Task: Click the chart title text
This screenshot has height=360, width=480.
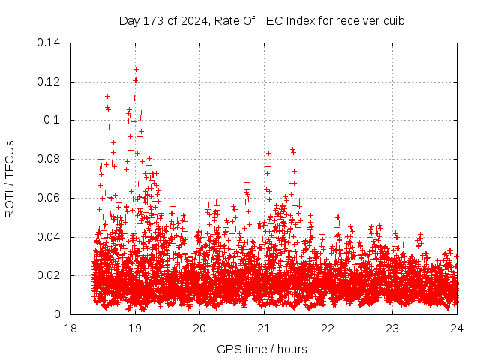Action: tap(262, 20)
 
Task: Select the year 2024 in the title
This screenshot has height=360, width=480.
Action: tap(190, 20)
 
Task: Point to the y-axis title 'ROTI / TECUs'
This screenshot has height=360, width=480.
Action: tap(10, 178)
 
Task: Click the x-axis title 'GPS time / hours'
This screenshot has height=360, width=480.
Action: tap(262, 349)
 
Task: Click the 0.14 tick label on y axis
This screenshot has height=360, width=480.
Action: tap(50, 42)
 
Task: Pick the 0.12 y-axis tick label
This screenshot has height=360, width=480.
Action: tap(50, 81)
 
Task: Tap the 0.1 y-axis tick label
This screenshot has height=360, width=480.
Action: tap(54, 120)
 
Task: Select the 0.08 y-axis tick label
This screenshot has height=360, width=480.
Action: tap(50, 159)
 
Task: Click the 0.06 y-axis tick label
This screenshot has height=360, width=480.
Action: tap(50, 198)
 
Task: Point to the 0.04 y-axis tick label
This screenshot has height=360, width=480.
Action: tap(50, 237)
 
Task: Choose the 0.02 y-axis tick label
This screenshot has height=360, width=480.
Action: tap(50, 275)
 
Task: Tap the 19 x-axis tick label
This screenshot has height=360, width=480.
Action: tap(135, 328)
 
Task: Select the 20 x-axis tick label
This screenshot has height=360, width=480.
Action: tap(199, 328)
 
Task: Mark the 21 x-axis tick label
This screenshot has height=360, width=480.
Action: tap(264, 328)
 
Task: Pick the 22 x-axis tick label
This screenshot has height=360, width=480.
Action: tap(328, 328)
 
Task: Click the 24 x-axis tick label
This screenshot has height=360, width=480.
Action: tap(457, 328)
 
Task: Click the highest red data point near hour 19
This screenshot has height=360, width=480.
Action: tap(136, 69)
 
